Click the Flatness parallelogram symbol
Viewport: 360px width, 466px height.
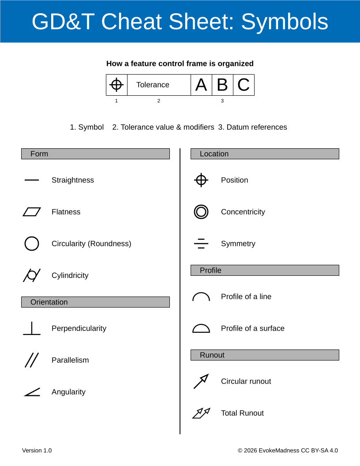point(32,212)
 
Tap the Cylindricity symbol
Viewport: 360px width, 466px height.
point(32,275)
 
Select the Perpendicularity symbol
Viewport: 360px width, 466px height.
point(32,328)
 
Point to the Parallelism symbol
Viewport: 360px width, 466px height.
point(32,360)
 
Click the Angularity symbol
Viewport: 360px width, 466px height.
point(32,392)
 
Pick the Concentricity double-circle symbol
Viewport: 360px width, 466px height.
point(201,212)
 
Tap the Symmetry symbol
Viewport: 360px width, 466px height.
point(201,244)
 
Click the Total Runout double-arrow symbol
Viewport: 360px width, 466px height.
point(201,413)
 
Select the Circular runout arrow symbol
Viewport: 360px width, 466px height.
point(201,381)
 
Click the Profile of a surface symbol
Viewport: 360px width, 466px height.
point(201,328)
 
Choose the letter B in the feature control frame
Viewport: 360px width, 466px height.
point(222,85)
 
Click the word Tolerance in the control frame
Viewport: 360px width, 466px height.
point(153,85)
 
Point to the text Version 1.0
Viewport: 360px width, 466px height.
point(37,451)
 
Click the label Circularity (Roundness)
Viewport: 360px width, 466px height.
point(91,244)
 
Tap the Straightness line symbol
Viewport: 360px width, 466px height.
point(32,180)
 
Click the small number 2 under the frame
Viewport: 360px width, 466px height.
point(159,101)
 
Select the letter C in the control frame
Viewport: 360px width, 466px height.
point(244,85)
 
